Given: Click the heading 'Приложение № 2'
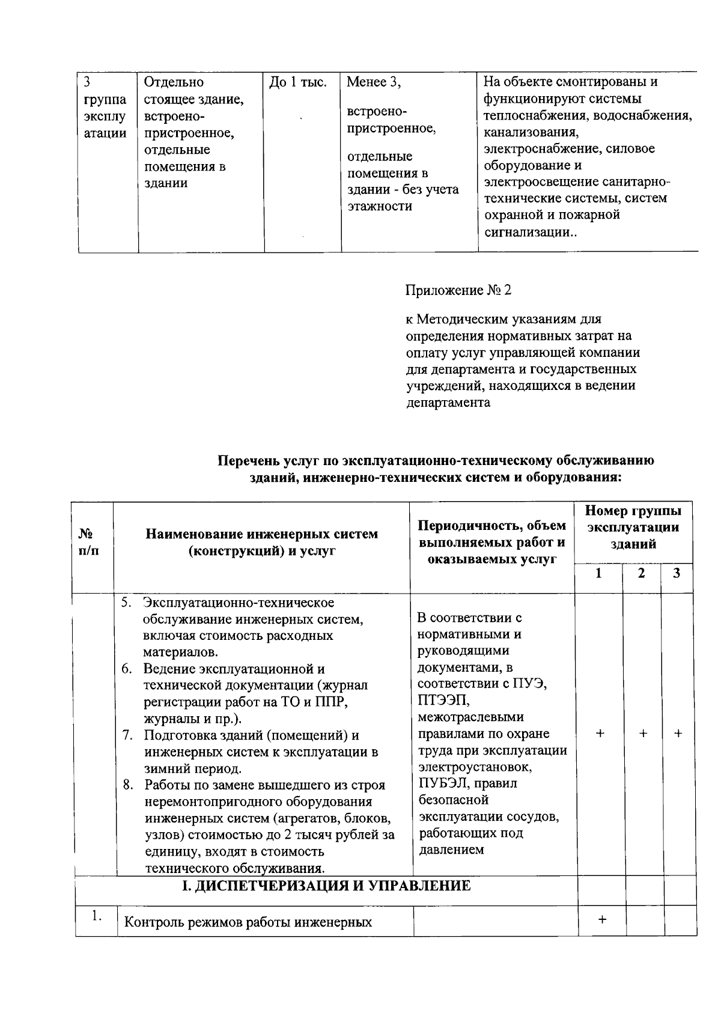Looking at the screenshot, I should (458, 291).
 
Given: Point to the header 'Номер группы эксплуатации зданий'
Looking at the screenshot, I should (633, 528).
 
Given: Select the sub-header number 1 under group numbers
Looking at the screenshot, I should (598, 573).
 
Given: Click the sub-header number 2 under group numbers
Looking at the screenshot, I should (641, 573).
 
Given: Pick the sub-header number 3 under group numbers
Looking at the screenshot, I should (677, 573).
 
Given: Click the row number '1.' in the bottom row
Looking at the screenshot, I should (96, 916).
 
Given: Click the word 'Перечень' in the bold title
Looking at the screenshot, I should (248, 461).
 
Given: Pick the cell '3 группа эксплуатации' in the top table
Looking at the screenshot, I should (105, 108).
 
